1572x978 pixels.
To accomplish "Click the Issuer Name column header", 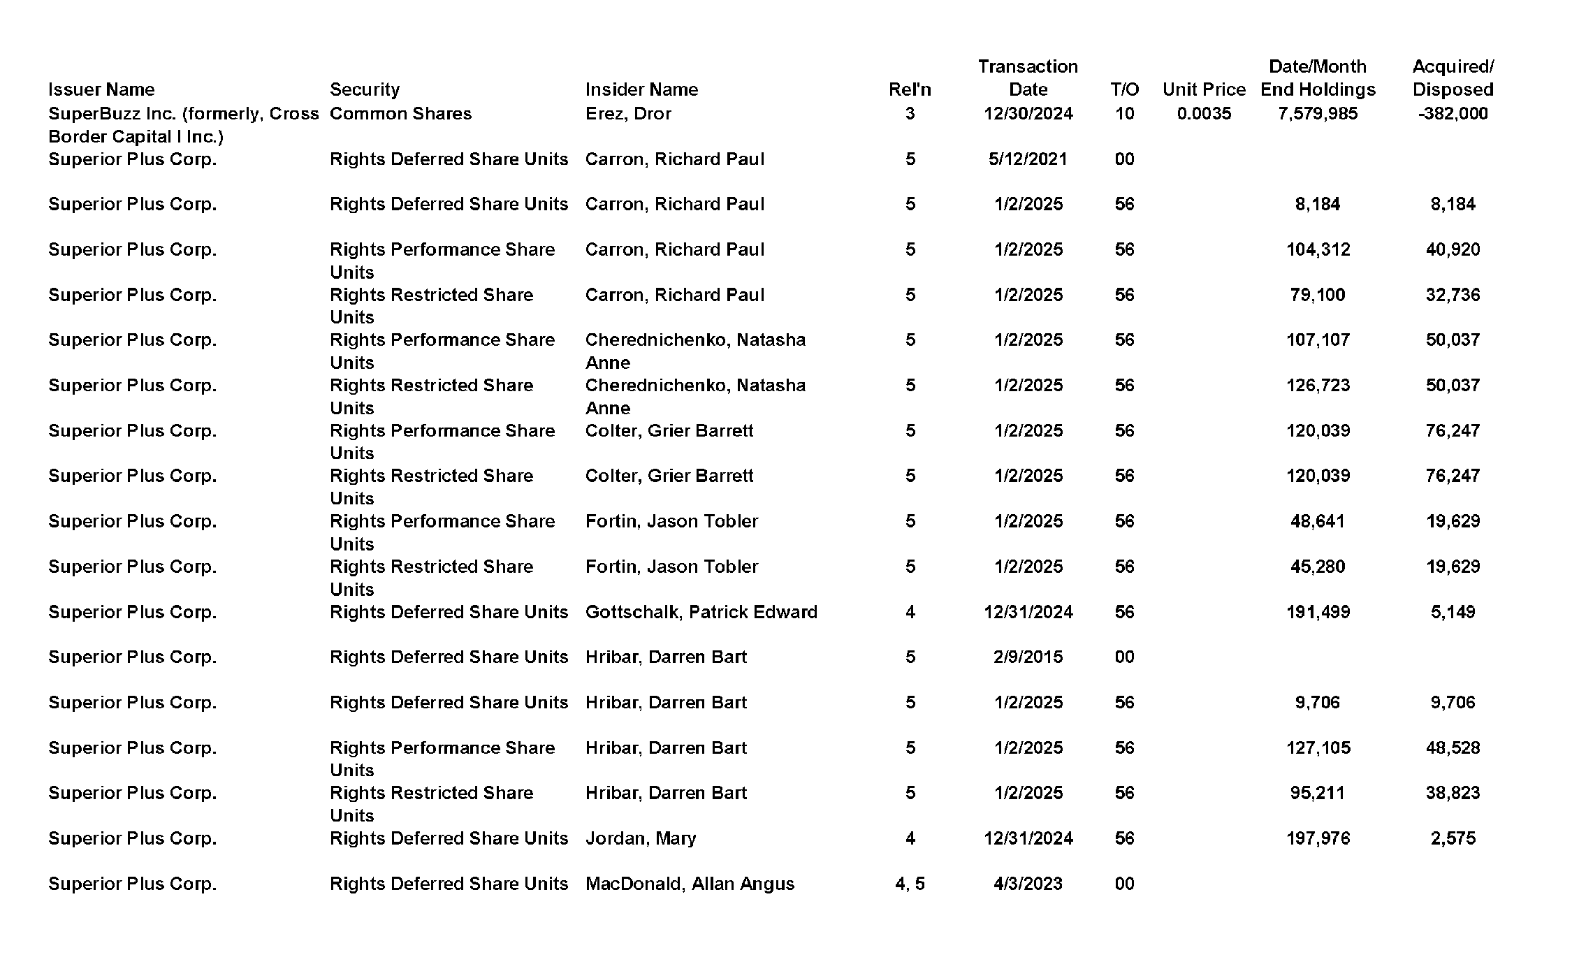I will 101,89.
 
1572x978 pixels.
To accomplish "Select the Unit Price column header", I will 1204,89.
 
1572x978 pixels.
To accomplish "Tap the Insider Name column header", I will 641,89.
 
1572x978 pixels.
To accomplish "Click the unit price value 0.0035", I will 1204,113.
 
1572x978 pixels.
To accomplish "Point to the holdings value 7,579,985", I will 1318,113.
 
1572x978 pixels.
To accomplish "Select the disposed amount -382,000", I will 1453,113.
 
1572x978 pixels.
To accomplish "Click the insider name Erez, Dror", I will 628,113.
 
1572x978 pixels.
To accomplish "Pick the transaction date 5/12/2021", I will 1028,159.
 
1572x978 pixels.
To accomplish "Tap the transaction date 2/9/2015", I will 1028,657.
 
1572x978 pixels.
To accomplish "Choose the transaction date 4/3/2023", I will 1028,884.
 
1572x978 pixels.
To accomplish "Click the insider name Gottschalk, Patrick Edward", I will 701,612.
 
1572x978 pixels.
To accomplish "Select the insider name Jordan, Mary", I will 641,838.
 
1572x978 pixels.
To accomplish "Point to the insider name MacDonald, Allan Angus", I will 690,884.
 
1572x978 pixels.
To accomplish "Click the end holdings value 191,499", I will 1318,612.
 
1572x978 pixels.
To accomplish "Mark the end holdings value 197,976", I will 1318,838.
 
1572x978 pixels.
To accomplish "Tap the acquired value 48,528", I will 1453,747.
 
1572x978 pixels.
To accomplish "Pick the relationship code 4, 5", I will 910,884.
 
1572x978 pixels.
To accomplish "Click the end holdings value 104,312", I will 1318,249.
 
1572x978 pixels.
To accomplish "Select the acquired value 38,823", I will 1453,793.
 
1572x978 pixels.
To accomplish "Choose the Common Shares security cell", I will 400,113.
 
